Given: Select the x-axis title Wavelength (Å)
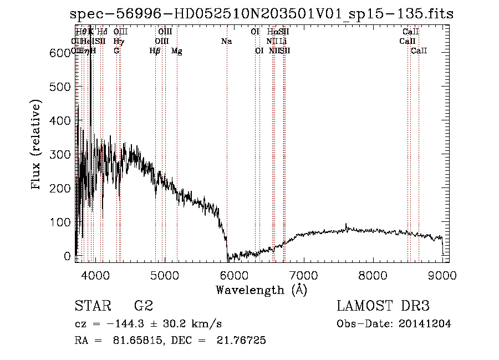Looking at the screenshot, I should pos(262,290).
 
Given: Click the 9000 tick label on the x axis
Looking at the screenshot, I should pos(442,275).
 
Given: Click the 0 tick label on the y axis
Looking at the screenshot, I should pos(67,256).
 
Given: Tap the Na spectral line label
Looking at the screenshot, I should pos(226,41).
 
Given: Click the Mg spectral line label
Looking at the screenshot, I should pos(177,51).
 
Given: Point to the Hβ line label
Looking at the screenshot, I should pos(155,51).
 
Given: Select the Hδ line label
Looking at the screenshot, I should pos(103,32).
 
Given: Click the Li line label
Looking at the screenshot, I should pos(283,41).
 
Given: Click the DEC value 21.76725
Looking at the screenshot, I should pos(242,341).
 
